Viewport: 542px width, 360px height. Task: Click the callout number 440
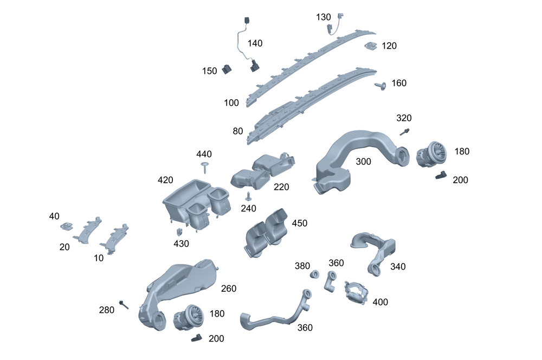pos(204,154)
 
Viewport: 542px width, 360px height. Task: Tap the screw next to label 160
pos(381,86)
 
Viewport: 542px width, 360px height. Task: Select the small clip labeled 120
pos(371,47)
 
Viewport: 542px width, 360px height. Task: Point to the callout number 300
pos(364,162)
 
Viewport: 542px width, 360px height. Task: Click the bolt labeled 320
pos(404,131)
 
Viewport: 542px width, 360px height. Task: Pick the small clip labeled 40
pos(67,226)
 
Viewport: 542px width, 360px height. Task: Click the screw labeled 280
pos(125,305)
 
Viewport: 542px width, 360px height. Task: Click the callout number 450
pos(299,223)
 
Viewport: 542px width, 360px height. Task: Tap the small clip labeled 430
pos(178,232)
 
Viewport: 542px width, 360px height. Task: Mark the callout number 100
pos(231,102)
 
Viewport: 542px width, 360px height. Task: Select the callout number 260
pos(229,288)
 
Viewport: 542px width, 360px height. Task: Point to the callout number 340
pos(397,267)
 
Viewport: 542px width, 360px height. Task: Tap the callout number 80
pos(238,131)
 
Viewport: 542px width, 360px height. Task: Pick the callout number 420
pos(165,179)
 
